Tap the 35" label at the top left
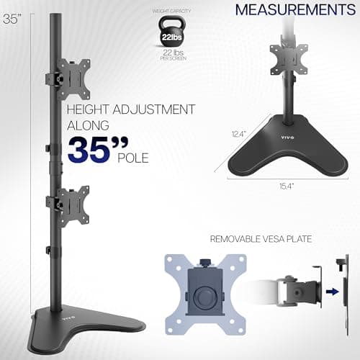10,19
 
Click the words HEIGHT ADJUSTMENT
131,109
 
